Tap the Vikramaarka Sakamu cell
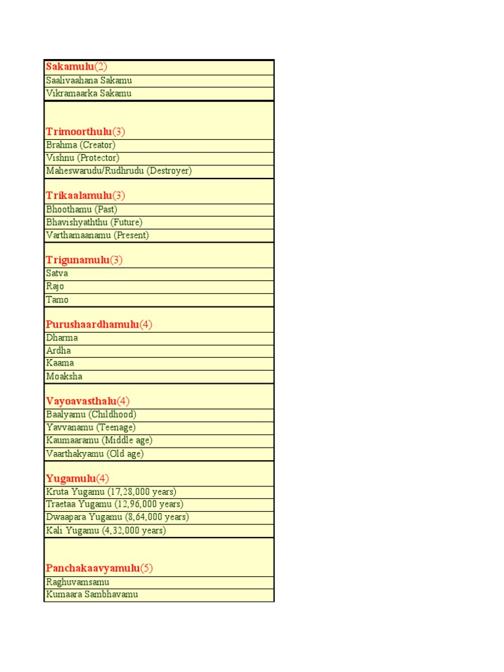pos(89,93)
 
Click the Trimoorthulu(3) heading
pos(85,131)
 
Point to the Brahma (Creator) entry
pos(81,144)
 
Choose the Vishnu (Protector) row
pos(83,157)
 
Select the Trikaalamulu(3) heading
pos(85,196)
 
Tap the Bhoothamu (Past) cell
pos(82,209)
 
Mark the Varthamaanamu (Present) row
pos(97,235)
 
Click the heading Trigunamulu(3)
pos(84,260)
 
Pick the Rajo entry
pos(55,286)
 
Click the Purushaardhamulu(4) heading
pos(99,324)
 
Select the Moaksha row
pos(64,376)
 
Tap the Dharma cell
pos(62,338)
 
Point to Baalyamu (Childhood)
pos(91,414)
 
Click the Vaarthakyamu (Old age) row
pos(94,453)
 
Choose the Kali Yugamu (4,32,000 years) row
pos(106,530)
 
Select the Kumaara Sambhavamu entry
pos(92,595)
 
